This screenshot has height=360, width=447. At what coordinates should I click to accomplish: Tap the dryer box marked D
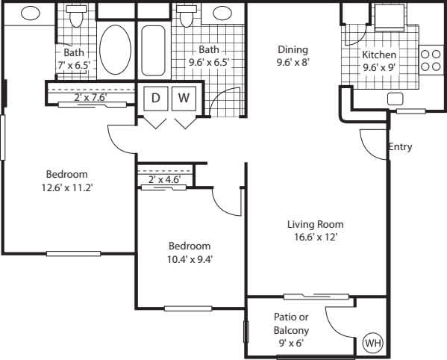pos(156,98)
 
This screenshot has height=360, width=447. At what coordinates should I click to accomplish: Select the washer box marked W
pos(184,98)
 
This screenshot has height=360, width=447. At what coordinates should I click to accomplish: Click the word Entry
pos(401,147)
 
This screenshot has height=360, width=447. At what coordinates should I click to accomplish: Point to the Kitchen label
pos(379,55)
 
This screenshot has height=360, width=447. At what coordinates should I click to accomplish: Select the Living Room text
pos(316,224)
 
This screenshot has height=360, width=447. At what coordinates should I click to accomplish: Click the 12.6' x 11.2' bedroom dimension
pos(66,187)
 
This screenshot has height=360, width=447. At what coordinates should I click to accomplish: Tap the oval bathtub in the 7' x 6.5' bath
pos(114,49)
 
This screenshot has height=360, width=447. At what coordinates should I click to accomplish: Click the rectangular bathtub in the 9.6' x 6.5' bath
pos(154,49)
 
